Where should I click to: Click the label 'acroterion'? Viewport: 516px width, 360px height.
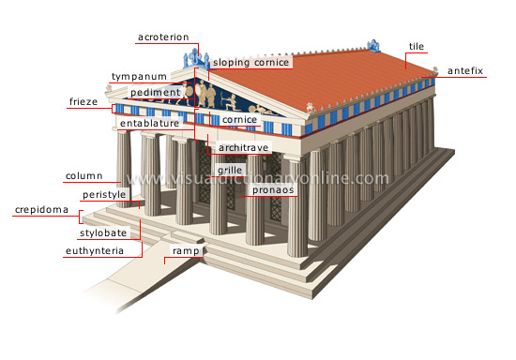click(x=163, y=37)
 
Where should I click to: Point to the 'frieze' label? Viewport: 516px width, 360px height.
click(x=84, y=100)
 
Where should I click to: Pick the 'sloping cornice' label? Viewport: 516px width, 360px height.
click(x=250, y=62)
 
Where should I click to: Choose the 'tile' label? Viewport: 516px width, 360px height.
click(x=416, y=45)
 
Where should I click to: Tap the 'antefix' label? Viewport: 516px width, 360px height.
click(x=464, y=70)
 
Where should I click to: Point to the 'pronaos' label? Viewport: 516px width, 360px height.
click(x=273, y=189)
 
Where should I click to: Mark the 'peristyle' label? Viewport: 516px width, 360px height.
click(x=103, y=194)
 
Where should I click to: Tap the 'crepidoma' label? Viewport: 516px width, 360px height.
click(x=41, y=210)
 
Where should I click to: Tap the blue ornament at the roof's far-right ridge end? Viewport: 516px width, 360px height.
click(x=376, y=45)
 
